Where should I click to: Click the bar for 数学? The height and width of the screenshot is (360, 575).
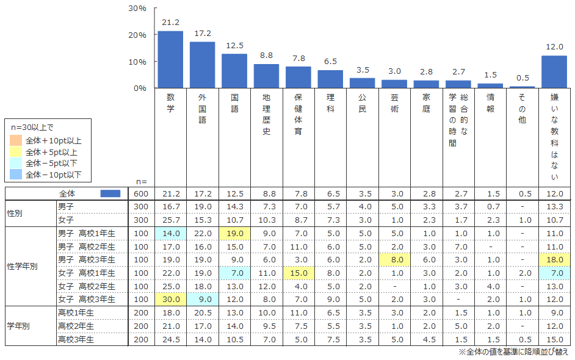click(x=170, y=59)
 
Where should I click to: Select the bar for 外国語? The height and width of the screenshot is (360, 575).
click(x=202, y=65)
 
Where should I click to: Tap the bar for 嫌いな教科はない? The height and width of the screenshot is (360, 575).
click(x=554, y=71)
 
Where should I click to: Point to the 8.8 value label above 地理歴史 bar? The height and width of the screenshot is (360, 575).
click(x=266, y=56)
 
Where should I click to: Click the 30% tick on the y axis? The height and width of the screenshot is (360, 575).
click(x=137, y=9)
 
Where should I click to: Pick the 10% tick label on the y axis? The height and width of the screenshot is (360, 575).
click(x=137, y=62)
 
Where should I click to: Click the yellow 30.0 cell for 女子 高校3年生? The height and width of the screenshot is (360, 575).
click(x=170, y=299)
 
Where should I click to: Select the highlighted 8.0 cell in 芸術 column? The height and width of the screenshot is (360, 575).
click(x=394, y=259)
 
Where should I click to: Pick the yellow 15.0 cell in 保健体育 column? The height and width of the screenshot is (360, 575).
click(x=298, y=272)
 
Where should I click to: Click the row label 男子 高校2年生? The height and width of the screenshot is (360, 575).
click(x=85, y=246)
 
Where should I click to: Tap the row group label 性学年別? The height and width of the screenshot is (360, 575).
click(x=23, y=266)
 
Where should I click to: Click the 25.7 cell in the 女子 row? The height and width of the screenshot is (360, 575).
click(x=170, y=220)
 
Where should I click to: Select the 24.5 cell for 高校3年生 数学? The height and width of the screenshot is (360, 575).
click(x=170, y=339)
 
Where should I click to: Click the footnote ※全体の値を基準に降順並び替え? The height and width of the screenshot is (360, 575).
click(x=513, y=352)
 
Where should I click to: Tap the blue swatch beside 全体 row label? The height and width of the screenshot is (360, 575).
click(x=110, y=193)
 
